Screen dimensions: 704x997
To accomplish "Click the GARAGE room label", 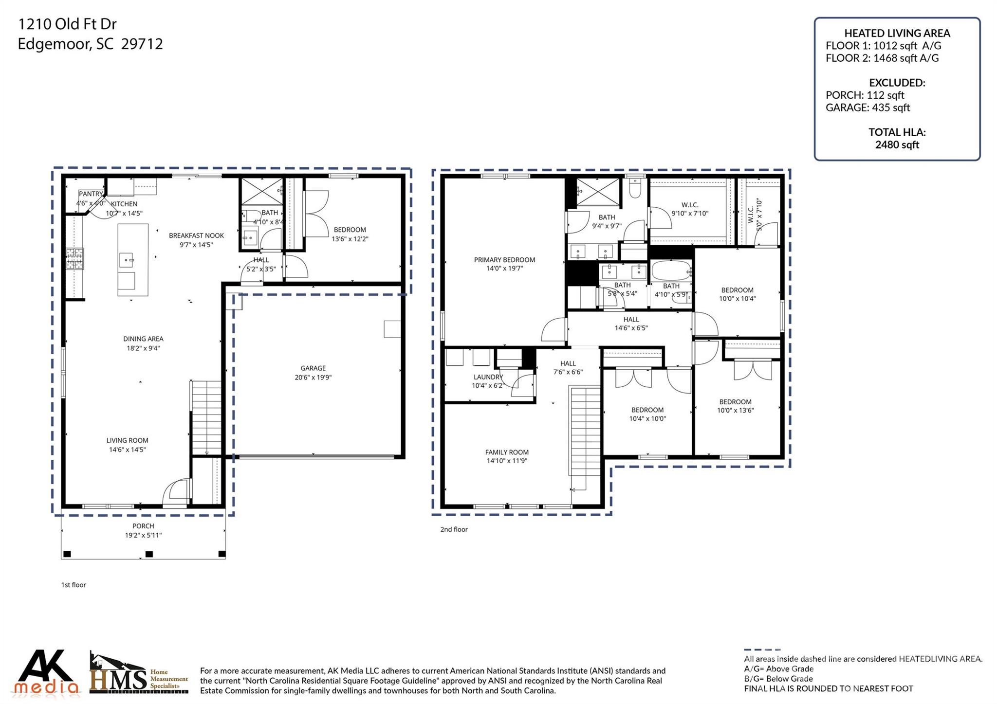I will tap(313, 368).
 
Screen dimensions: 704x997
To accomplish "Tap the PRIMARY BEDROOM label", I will tap(504, 260).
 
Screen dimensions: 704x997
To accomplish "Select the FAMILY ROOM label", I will tap(507, 452).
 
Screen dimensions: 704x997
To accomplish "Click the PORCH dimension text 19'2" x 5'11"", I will tap(143, 535).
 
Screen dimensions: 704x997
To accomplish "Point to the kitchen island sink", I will tap(127, 260).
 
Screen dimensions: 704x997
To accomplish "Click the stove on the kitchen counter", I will tap(75, 258).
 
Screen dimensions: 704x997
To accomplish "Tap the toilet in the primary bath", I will tap(634, 188).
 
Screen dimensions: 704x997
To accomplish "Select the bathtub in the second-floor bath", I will tap(671, 271).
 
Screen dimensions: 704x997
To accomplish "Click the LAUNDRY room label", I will tap(488, 377).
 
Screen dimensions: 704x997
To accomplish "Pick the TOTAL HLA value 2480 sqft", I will tap(897, 144).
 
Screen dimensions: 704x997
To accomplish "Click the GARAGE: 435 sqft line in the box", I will tap(868, 108).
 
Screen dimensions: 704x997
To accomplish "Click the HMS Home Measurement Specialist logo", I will tap(139, 674).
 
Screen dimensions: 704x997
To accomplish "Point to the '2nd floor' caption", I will tap(454, 529).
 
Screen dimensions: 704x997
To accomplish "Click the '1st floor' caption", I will tap(74, 585).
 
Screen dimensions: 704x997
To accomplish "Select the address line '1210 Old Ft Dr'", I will tap(67, 24).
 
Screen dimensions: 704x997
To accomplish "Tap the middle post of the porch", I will tap(149, 554).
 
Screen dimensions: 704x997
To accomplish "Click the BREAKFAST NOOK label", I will tap(196, 235).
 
